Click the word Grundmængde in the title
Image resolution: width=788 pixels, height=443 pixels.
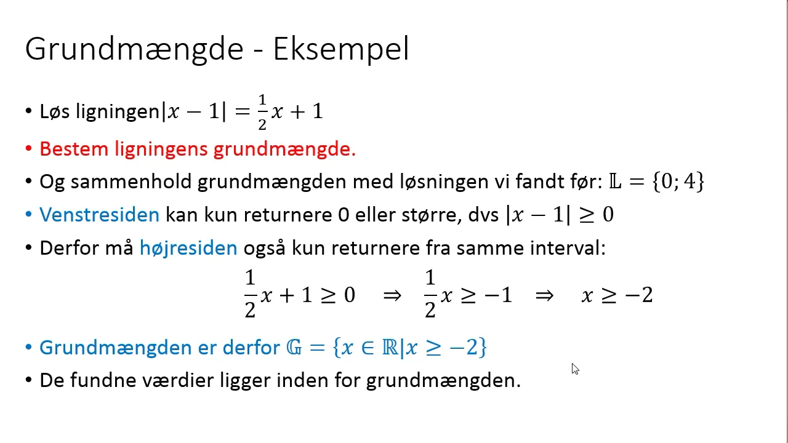(134, 49)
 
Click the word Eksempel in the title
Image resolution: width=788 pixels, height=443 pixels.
(341, 49)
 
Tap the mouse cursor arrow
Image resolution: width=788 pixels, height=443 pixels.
(574, 369)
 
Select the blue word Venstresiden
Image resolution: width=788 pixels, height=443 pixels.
(99, 215)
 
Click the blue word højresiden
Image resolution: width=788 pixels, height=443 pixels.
(188, 248)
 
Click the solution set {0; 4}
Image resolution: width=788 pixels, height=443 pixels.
(678, 182)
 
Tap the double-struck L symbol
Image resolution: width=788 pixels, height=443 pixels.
(615, 182)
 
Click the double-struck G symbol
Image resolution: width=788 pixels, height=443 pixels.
(294, 348)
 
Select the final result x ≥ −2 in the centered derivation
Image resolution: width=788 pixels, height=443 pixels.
(617, 295)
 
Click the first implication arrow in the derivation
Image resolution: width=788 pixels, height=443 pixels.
(392, 295)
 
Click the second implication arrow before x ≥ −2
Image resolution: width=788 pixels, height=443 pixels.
(544, 295)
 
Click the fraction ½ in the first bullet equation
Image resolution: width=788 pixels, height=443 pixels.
(262, 112)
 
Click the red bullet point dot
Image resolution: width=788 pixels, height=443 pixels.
(28, 149)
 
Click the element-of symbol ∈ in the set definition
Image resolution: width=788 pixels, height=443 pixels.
(368, 348)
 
